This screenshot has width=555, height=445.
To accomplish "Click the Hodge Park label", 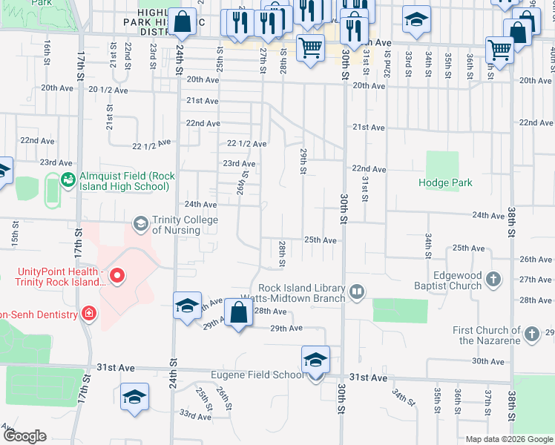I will tap(445, 182).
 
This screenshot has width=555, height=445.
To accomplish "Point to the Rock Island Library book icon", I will tap(358, 292).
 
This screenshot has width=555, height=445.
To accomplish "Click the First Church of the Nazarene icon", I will tap(531, 335).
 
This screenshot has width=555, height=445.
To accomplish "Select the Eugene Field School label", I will tap(257, 375).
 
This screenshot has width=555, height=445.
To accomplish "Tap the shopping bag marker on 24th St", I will tap(182, 23).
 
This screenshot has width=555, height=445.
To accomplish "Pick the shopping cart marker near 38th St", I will tap(500, 51).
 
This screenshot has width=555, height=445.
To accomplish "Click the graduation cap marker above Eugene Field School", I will tap(316, 360).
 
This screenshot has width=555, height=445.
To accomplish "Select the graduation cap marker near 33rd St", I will tap(417, 20).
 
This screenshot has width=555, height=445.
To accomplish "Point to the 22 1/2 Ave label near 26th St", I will tap(246, 143).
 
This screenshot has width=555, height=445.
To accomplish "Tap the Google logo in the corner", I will tap(24, 436).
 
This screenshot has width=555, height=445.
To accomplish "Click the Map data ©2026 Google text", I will tap(509, 439).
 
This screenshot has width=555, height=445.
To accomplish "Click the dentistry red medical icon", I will tap(89, 314).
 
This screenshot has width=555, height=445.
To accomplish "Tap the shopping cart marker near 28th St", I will tap(311, 48).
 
